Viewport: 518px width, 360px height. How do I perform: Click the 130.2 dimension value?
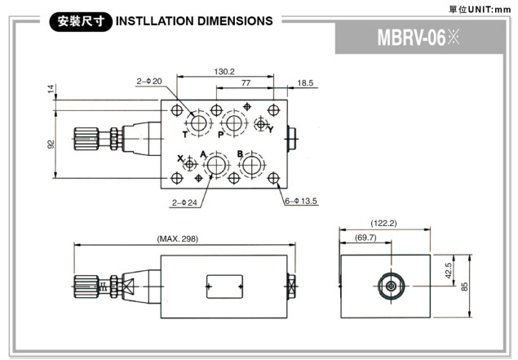coord(225,71)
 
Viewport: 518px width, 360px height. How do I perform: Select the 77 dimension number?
coord(246,83)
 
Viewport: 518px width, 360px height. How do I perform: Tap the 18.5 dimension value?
coord(305,83)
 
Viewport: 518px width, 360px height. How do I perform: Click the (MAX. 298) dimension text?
coord(177,238)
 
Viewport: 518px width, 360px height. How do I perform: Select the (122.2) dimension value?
coord(383,223)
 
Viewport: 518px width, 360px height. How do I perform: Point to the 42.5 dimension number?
coord(449,271)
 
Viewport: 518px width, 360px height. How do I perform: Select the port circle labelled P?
coord(235,123)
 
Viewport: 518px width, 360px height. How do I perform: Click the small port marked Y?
coord(261,124)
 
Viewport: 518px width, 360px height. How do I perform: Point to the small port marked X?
coord(191,164)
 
